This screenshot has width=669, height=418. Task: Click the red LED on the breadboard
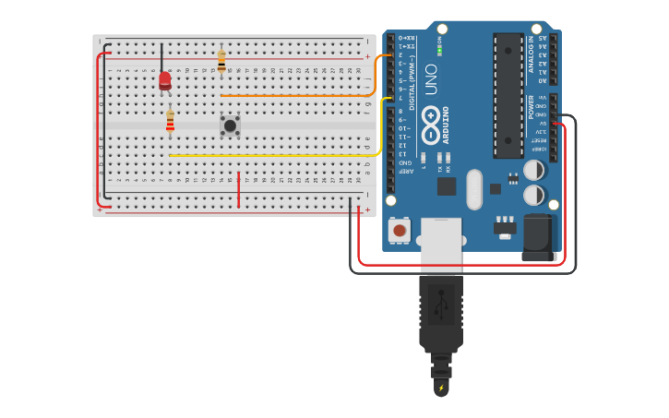(x=164, y=81)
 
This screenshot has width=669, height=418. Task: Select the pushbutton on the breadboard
(x=230, y=125)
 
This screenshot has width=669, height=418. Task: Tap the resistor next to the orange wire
(x=221, y=62)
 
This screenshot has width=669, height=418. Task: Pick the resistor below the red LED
(x=170, y=122)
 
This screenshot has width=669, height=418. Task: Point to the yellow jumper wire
(x=277, y=155)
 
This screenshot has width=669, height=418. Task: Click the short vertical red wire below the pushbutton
(x=239, y=189)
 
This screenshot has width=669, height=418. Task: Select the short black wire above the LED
(x=162, y=55)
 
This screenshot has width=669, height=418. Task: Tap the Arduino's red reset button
(x=400, y=229)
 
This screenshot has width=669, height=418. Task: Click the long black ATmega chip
(x=508, y=95)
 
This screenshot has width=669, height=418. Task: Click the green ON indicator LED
(x=439, y=50)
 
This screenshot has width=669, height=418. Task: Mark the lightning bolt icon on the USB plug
(x=441, y=388)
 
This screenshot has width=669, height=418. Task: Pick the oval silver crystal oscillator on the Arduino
(x=474, y=189)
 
